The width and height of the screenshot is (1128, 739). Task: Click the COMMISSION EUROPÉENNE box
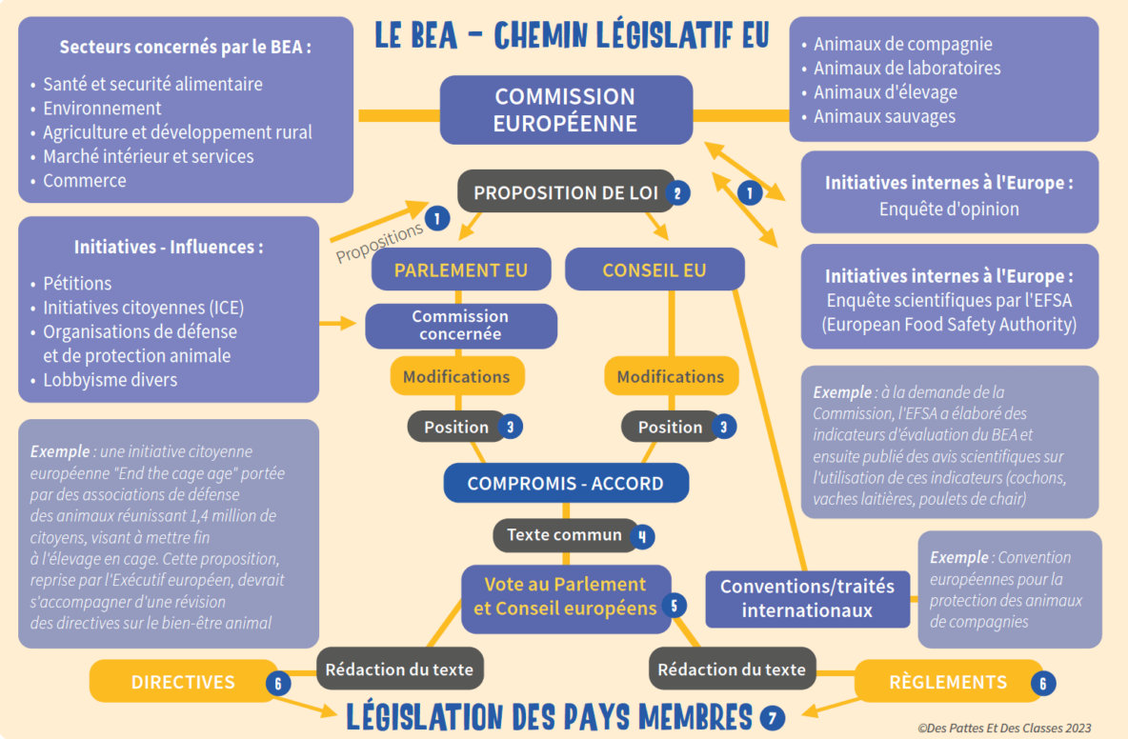[x=565, y=110]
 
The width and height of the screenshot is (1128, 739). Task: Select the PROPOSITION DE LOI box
[x=566, y=192]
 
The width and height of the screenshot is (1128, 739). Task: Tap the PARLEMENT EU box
[x=460, y=270]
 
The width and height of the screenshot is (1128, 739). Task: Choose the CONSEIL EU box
[x=654, y=270]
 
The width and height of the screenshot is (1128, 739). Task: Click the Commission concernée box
[x=460, y=325]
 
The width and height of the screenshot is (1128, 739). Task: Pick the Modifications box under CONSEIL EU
[x=670, y=376]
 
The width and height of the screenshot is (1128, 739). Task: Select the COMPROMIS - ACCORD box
[x=565, y=483]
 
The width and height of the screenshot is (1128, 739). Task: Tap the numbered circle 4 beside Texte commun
[x=643, y=535]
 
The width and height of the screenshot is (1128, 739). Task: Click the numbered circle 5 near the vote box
[x=675, y=605]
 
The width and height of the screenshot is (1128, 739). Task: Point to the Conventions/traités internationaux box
[x=807, y=598]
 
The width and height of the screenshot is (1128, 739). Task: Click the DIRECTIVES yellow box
[x=183, y=682]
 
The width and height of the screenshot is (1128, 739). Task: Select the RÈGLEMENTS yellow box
[x=947, y=682]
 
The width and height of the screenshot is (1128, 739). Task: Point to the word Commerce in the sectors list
[x=85, y=180]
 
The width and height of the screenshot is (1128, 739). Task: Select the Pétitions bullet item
[x=77, y=283]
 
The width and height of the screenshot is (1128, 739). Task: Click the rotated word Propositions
[x=378, y=243]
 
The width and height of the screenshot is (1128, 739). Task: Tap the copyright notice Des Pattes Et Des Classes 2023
[x=1004, y=728]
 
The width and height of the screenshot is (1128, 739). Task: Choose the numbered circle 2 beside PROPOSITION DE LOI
[x=677, y=192]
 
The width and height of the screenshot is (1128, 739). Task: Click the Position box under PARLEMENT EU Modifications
[x=455, y=427]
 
